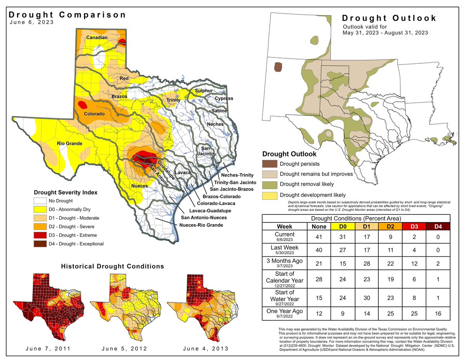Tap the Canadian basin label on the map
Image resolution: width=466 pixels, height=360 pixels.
97,38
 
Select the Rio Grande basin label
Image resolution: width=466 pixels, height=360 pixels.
70,144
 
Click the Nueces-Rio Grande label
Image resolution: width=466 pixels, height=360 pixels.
201,225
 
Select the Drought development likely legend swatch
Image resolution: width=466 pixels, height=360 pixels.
270,195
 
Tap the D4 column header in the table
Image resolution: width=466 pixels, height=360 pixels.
439,226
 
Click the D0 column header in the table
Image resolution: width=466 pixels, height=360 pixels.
342,226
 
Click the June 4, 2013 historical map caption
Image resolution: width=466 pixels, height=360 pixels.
206,348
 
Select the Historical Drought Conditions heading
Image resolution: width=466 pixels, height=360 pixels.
113,266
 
